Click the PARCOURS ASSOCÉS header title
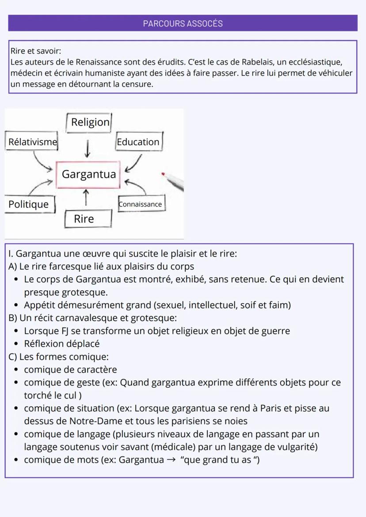pyautogui.click(x=183, y=23)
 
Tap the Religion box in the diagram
pyautogui.click(x=90, y=122)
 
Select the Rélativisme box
pyautogui.click(x=33, y=142)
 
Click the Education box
pyautogui.click(x=138, y=142)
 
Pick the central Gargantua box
pyautogui.click(x=88, y=174)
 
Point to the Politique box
pyautogui.click(x=29, y=204)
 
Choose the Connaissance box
pyautogui.click(x=141, y=204)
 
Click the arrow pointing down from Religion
pyautogui.click(x=88, y=148)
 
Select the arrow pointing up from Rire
pyautogui.click(x=86, y=197)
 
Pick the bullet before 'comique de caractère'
pyautogui.click(x=16, y=370)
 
